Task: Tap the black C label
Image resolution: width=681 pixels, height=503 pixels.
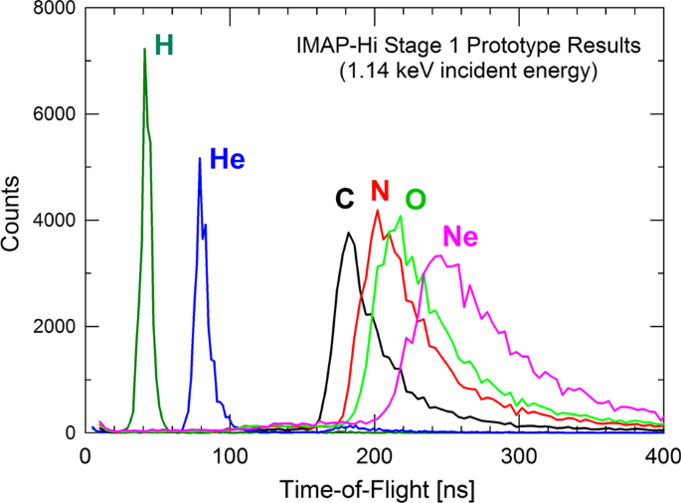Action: click(x=344, y=199)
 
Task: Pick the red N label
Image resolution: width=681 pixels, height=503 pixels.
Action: click(x=379, y=190)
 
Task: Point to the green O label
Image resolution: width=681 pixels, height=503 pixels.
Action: click(x=416, y=199)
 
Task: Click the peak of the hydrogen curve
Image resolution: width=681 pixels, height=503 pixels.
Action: click(x=144, y=49)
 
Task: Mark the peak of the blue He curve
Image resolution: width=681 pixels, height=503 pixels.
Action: click(x=200, y=158)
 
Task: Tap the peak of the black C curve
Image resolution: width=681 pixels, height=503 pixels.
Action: click(x=349, y=233)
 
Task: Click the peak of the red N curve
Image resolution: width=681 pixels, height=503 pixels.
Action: click(x=377, y=210)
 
